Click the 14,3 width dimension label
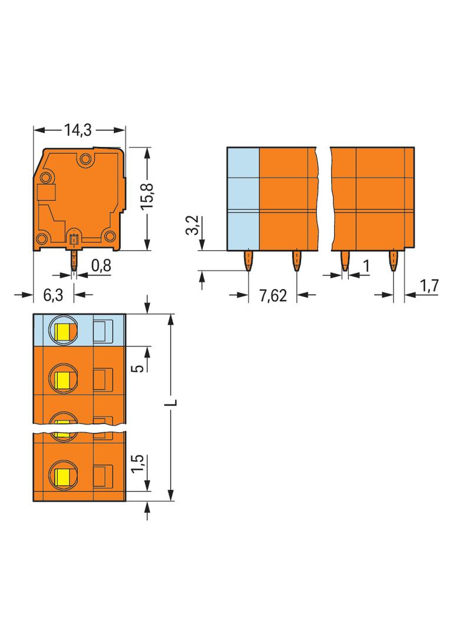coord(78,130)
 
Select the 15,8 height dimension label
coord(147,195)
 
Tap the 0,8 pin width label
coord(101,266)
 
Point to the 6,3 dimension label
coord(53,295)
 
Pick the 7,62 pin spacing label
coord(273,296)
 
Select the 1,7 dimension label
coord(429,286)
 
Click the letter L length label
coord(171,402)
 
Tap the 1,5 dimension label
coord(137,464)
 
